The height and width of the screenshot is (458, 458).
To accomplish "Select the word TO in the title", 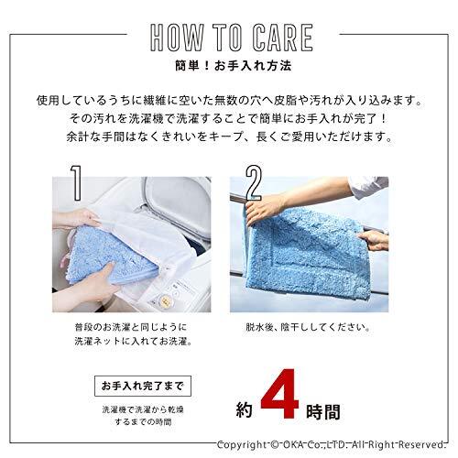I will pos(224,38).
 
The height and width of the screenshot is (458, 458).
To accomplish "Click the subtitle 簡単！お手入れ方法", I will pos(228,68).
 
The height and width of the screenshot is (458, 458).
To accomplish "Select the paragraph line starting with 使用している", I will pos(228,99).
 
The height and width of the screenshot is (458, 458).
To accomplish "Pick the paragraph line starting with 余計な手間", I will pos(228,139).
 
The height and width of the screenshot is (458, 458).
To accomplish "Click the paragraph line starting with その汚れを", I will pos(228,119).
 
